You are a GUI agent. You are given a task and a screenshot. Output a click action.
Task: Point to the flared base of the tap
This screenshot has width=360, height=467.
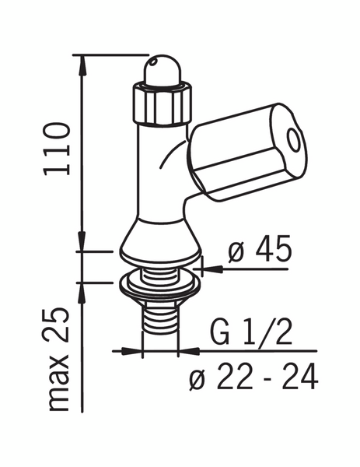(x=159, y=237)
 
